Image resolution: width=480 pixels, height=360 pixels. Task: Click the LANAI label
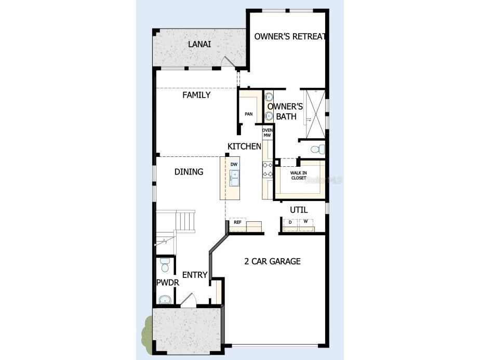[x=199, y=44]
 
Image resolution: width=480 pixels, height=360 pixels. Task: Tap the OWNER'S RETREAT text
[x=289, y=36]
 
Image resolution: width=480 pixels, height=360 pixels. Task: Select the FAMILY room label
[x=196, y=95]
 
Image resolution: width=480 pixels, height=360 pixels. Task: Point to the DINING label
[x=189, y=172]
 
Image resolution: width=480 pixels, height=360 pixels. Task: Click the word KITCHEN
[x=244, y=146]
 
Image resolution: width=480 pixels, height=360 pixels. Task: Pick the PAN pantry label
[x=248, y=114]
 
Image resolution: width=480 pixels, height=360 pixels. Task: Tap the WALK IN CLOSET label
[x=299, y=176]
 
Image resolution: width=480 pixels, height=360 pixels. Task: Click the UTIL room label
[x=299, y=210]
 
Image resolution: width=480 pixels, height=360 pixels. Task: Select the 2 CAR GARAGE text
[x=272, y=261]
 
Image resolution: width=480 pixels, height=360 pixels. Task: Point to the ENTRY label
[x=195, y=275]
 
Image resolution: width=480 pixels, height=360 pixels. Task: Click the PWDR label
[x=168, y=283]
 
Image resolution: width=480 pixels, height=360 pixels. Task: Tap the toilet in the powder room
[x=165, y=265]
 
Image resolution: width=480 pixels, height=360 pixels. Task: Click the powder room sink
[x=165, y=299]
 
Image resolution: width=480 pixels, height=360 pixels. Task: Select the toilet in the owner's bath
[x=317, y=150]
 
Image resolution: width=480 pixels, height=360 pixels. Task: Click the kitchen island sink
[x=234, y=178]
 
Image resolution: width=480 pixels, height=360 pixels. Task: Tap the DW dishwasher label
[x=234, y=164]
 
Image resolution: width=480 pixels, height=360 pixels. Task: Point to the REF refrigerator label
[x=237, y=222]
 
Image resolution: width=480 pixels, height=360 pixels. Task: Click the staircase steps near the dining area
[x=185, y=221]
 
